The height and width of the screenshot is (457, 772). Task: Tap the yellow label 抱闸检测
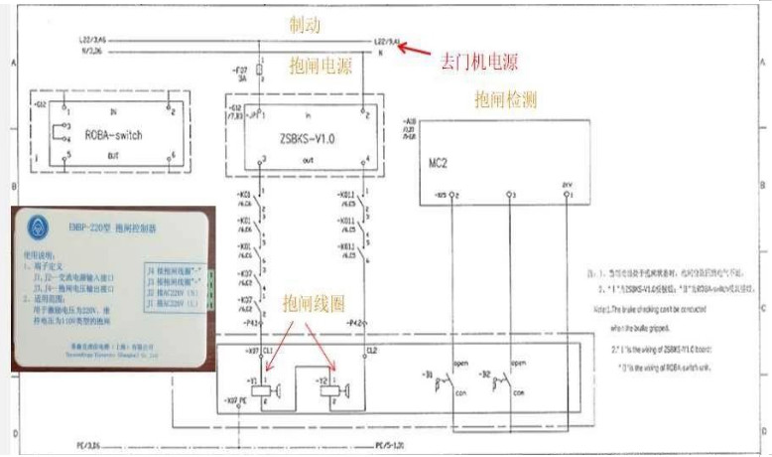pyautogui.click(x=509, y=99)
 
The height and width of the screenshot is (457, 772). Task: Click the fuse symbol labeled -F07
pyautogui.click(x=259, y=72)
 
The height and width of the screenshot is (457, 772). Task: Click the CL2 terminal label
pyautogui.click(x=371, y=350)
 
